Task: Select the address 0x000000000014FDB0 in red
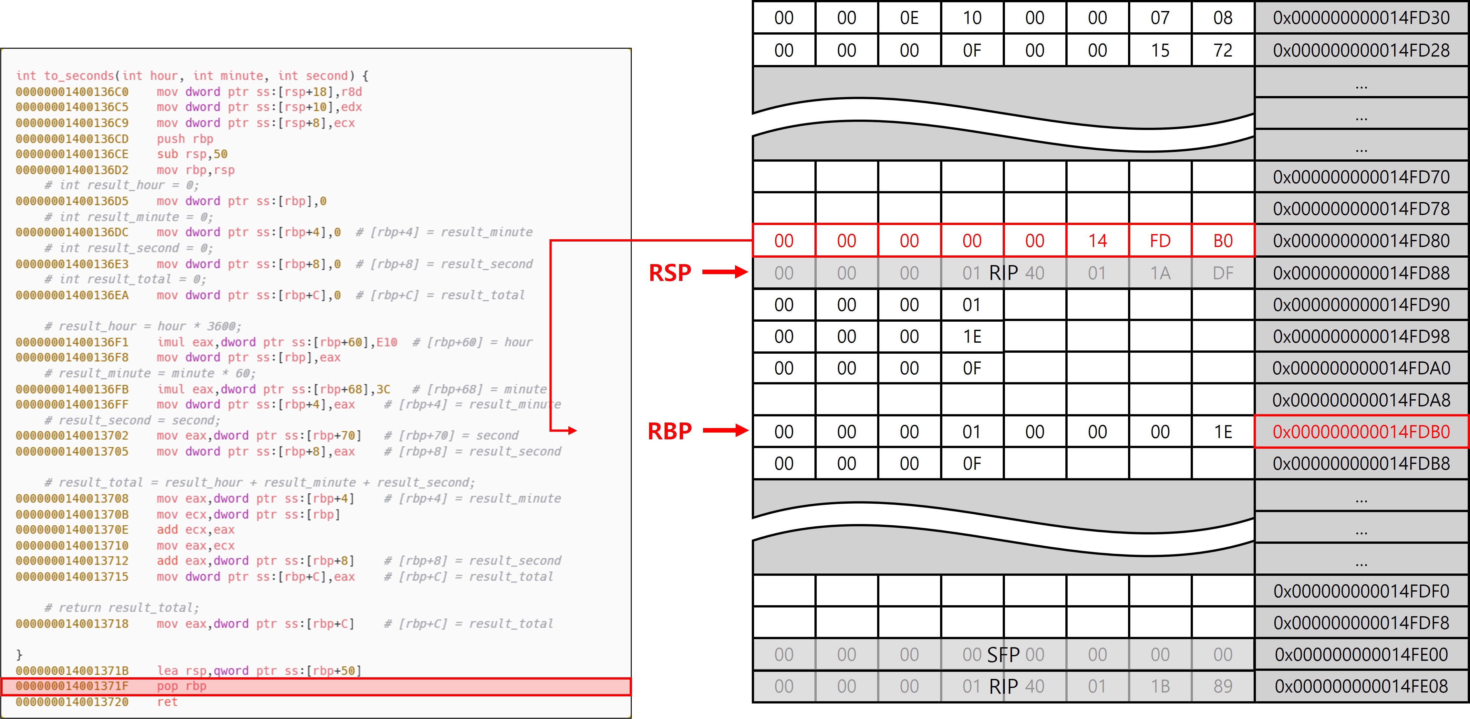coord(1361,432)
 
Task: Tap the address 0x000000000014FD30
coord(1361,18)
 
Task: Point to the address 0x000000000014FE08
coord(1361,686)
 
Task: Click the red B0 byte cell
coord(1222,241)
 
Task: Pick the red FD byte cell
coord(1160,241)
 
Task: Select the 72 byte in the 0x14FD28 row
coord(1222,50)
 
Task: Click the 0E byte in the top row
coord(909,18)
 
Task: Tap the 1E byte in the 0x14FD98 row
coord(972,336)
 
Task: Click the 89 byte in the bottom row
coord(1222,686)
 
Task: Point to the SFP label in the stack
coord(1003,654)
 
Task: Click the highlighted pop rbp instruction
coord(181,686)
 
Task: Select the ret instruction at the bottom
coord(167,702)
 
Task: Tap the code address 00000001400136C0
coord(72,92)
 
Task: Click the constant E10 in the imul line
coord(386,342)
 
